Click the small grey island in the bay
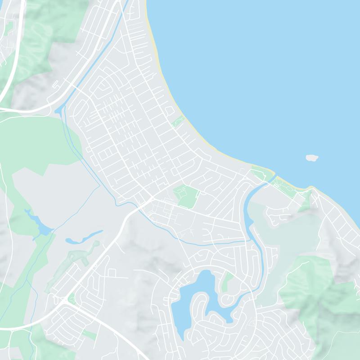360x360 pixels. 312,157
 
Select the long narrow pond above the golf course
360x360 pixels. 84,237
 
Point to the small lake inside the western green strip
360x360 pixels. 42,227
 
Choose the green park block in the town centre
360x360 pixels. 186,196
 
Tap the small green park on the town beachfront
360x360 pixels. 177,121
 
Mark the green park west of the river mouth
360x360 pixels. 261,174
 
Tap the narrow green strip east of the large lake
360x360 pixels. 228,281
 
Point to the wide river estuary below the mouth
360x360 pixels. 249,211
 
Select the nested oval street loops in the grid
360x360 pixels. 102,88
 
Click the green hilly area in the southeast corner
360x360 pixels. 315,288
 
